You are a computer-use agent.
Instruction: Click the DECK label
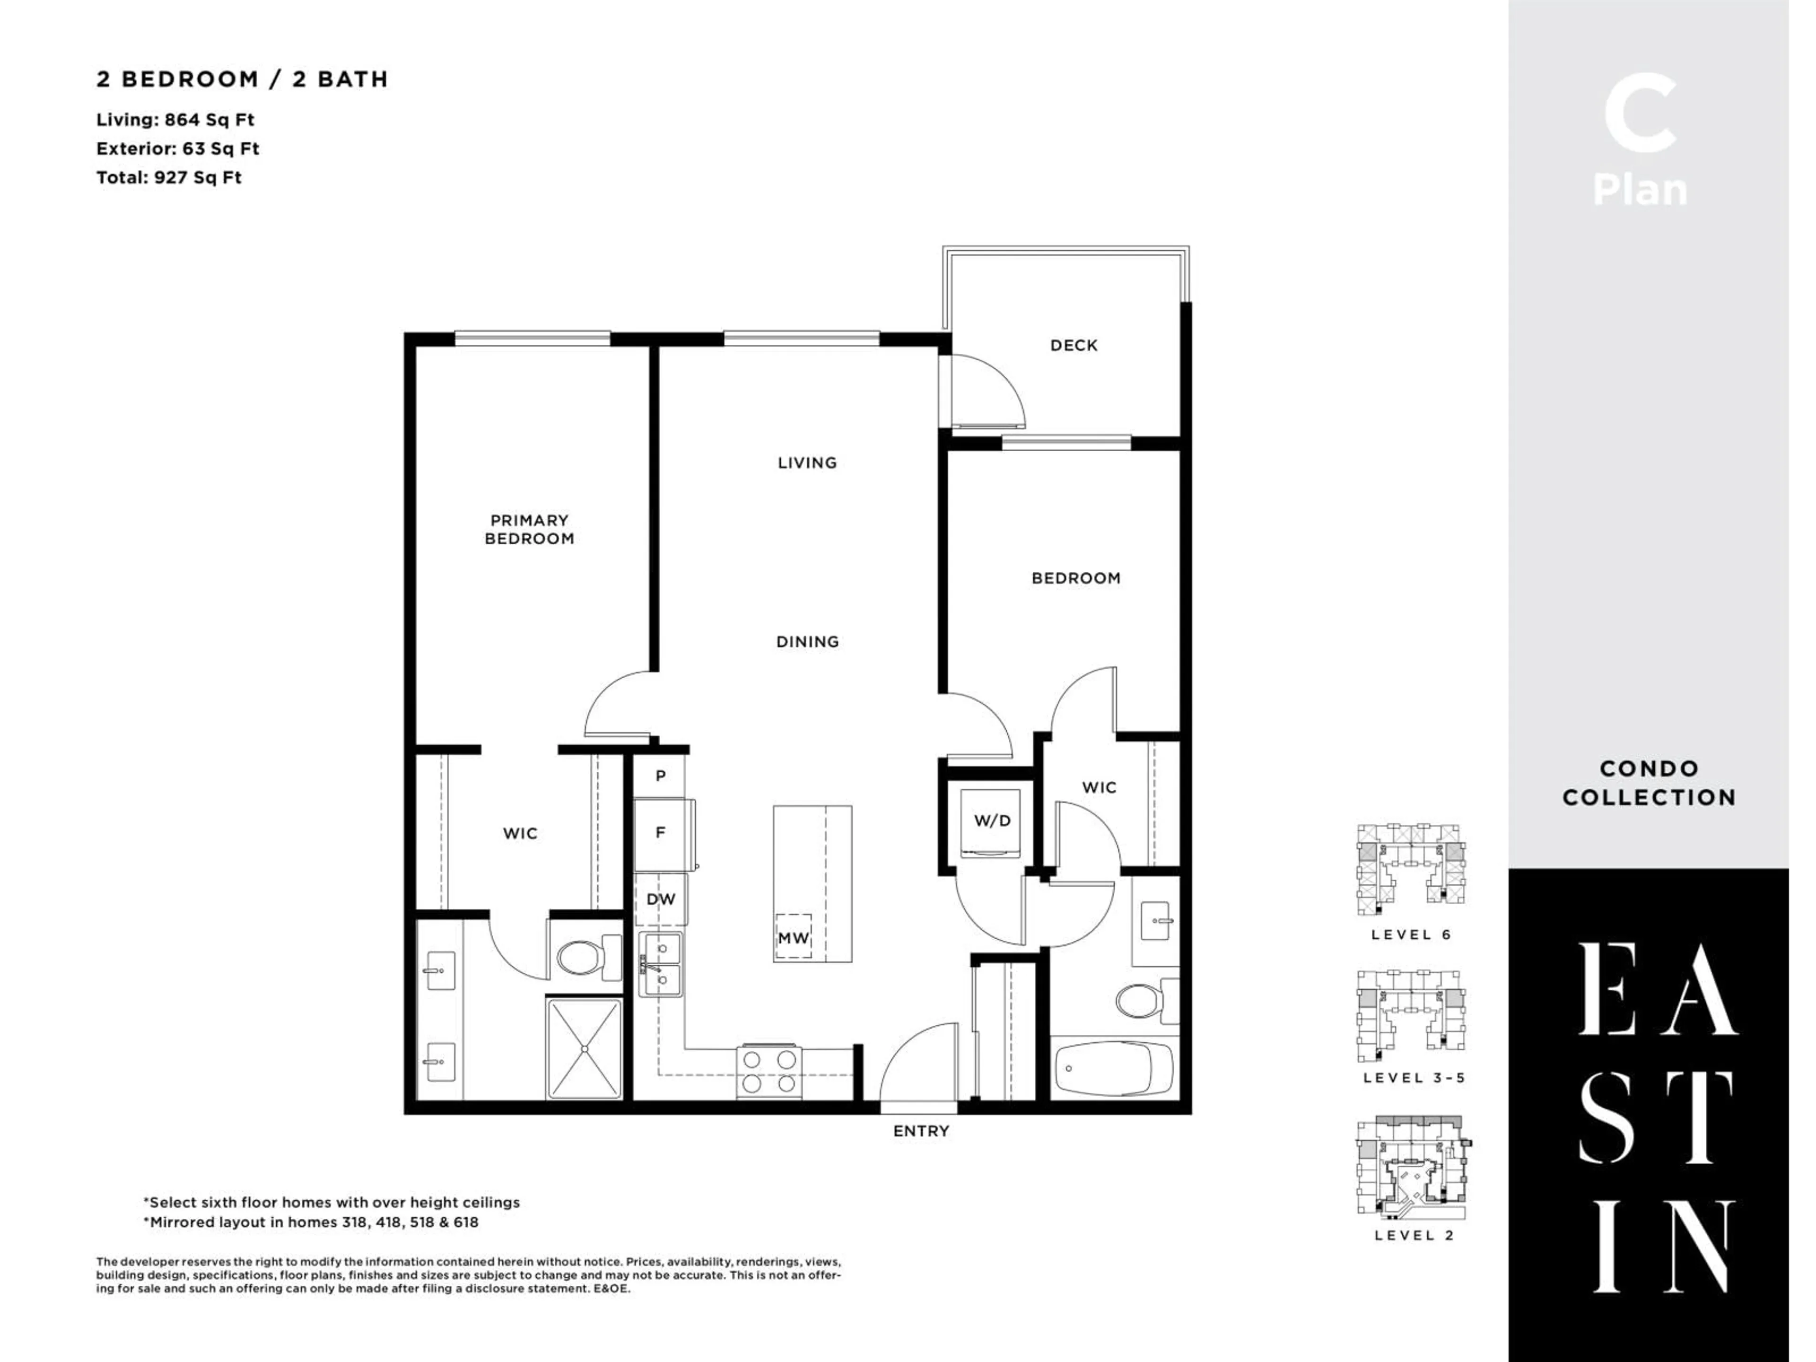[1073, 346]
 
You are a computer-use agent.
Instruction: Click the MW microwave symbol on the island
[793, 937]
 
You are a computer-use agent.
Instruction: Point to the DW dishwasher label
[660, 899]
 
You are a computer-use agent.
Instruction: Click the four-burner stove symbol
[769, 1071]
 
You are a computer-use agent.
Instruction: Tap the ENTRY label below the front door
[920, 1131]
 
